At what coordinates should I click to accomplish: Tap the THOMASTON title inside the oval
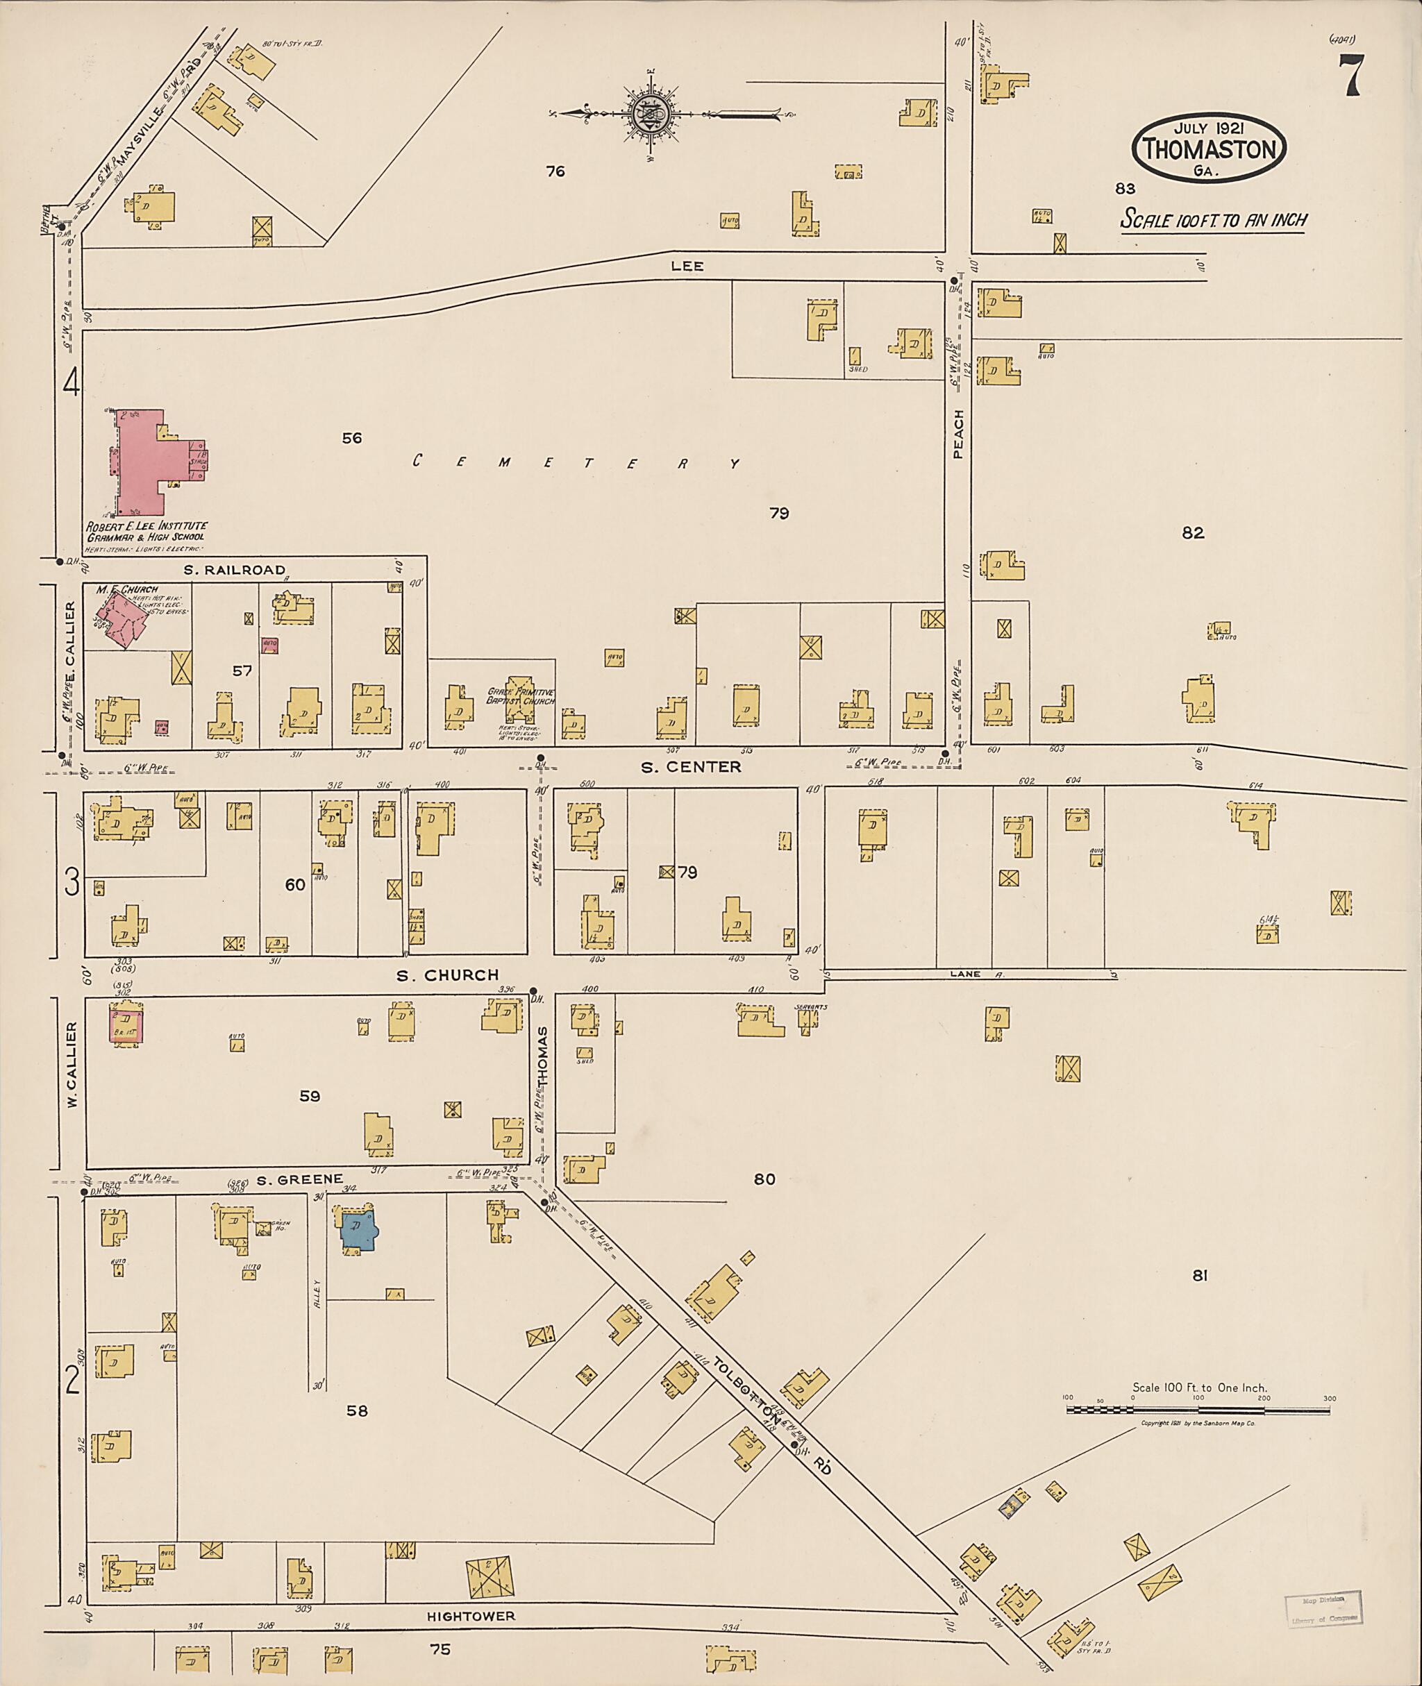1209,149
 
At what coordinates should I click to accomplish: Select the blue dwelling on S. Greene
357,1229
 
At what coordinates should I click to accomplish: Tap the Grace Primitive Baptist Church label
521,696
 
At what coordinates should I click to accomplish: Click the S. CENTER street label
691,767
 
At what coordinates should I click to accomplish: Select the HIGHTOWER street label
471,1616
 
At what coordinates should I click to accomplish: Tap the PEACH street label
958,435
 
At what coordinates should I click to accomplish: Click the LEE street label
687,266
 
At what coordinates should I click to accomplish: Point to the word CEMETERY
576,462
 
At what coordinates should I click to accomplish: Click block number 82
1193,532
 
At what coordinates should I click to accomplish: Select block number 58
357,1410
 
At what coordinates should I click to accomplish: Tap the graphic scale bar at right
1197,1410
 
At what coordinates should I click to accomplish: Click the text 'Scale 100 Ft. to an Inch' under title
1213,220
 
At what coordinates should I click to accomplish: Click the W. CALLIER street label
72,1064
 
